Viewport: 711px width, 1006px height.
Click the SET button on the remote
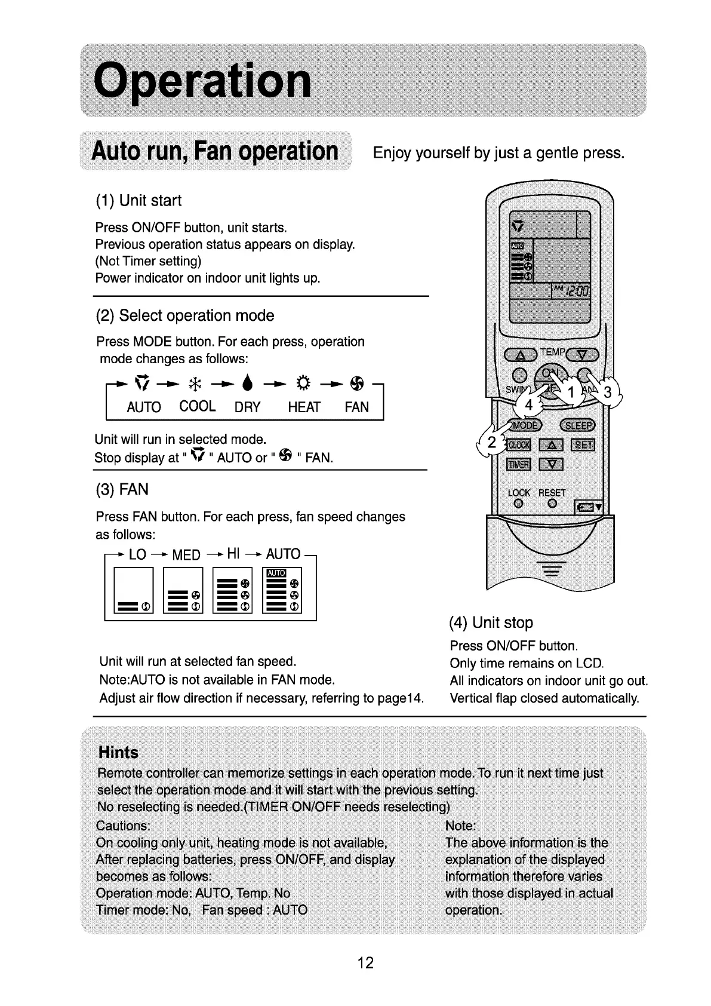tap(582, 444)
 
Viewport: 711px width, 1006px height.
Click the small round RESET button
tap(552, 504)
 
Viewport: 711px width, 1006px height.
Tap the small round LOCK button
tap(518, 504)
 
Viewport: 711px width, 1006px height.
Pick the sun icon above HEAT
tap(301, 381)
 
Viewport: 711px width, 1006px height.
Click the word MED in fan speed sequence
tap(186, 555)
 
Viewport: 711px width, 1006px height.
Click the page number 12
tap(365, 962)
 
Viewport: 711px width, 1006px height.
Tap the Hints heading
tap(118, 752)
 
